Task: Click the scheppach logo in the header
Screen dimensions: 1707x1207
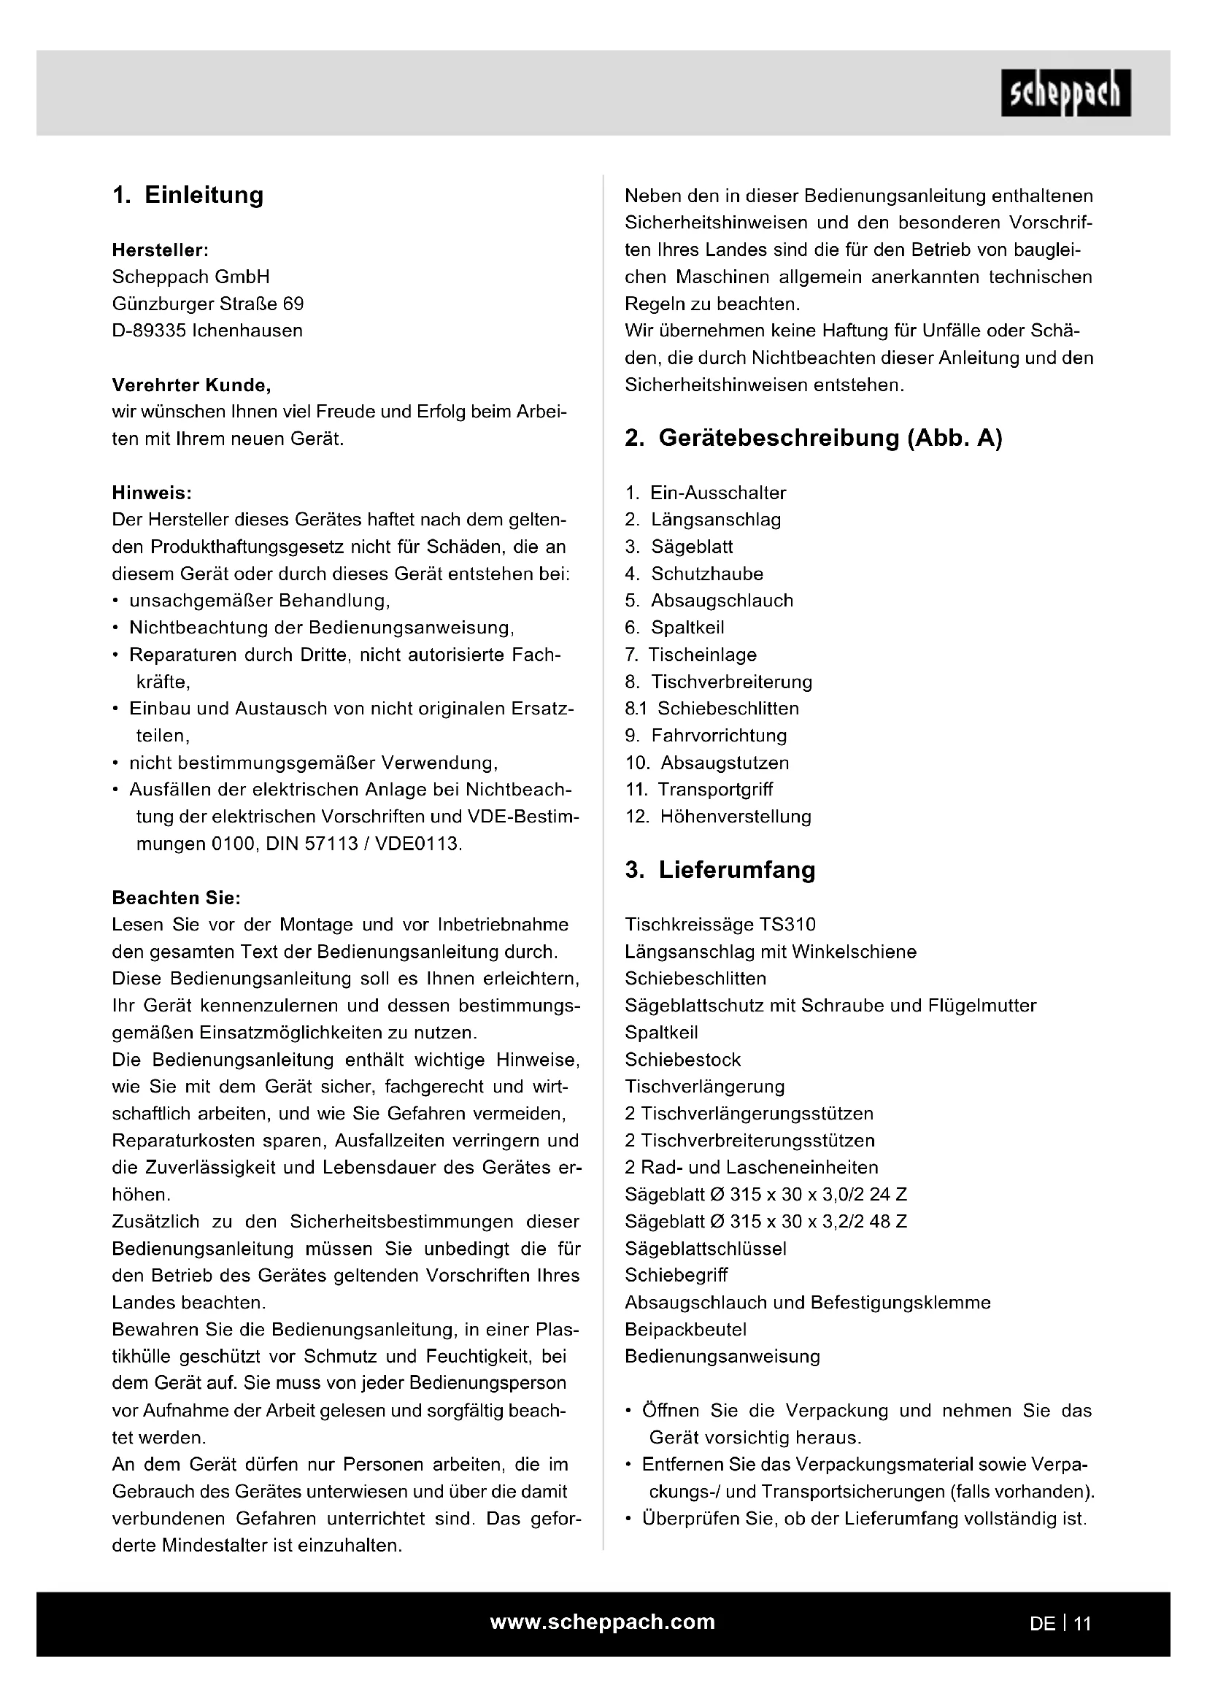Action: pos(1065,93)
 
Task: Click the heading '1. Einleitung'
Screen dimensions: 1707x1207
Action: pos(188,195)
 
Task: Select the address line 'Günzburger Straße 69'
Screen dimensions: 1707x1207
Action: pos(207,304)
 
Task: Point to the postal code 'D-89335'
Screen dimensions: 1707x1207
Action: pos(148,331)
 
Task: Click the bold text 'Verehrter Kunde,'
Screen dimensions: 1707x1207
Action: pos(191,385)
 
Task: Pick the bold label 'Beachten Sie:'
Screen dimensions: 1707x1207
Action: pos(176,898)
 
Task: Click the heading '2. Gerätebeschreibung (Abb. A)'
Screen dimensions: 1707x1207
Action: pos(813,438)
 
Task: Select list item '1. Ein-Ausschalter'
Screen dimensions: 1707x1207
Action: pos(705,493)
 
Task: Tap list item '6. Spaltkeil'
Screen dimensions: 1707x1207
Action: pos(674,628)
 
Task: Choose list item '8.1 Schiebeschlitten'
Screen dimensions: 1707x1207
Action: pos(712,709)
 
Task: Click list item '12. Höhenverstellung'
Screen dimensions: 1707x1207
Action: pos(718,817)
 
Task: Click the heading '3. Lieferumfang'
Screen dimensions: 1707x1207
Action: pos(720,870)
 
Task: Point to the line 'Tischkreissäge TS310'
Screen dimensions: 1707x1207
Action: pos(720,925)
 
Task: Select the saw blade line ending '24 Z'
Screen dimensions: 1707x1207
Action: pos(766,1195)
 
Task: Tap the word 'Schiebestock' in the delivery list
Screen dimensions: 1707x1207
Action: pos(682,1060)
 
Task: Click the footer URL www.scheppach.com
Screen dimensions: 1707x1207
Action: pos(602,1622)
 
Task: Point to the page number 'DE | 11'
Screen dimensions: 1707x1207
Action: pos(1060,1624)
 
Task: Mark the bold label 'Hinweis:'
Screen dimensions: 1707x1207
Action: pos(152,493)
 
